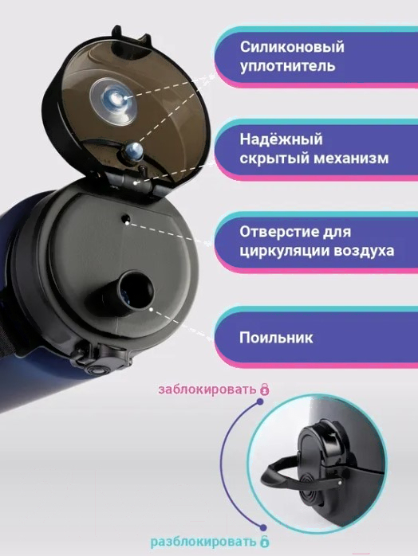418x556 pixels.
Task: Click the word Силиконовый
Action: tap(292, 47)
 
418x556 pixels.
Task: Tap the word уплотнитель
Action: tap(288, 66)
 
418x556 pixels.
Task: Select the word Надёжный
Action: tap(282, 139)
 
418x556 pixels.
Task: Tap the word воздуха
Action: tap(365, 251)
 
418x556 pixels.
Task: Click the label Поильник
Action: tap(276, 338)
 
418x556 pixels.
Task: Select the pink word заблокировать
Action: tap(207, 390)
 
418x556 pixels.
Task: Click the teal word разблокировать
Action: tap(203, 542)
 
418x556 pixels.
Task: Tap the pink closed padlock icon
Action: tap(265, 389)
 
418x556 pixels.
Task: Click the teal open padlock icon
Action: tap(264, 542)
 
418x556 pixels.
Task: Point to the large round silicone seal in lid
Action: tap(113, 101)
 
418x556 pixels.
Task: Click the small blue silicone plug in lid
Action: tap(133, 152)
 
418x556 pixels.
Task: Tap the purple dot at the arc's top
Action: tap(260, 401)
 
